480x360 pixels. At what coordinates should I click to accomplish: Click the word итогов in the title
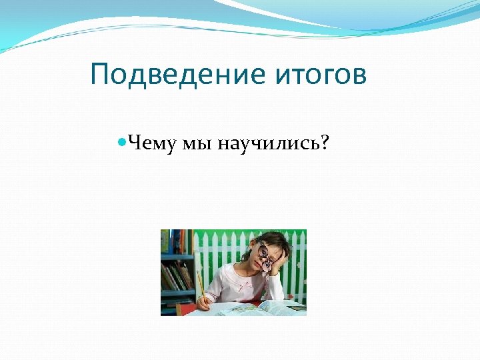(x=320, y=75)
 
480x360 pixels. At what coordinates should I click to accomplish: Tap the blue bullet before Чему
(x=121, y=141)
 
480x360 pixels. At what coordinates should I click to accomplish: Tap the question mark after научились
(x=324, y=142)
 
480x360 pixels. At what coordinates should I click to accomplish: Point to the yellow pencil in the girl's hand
(x=199, y=283)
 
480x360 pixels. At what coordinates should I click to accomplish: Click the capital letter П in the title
(x=99, y=75)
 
